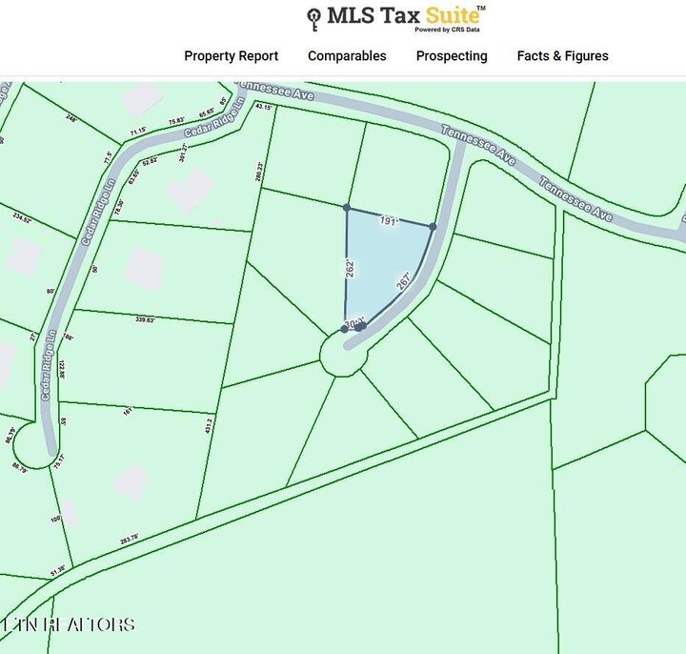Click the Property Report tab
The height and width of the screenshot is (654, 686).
[231, 56]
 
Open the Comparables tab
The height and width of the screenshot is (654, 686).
[347, 56]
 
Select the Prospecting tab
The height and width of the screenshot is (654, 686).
[452, 56]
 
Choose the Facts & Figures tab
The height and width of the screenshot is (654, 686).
[562, 56]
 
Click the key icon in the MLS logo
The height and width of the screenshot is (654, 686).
[313, 18]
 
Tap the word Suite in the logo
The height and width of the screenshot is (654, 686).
[452, 15]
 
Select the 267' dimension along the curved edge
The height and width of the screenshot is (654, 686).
[404, 283]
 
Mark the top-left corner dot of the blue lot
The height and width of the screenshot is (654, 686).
[347, 207]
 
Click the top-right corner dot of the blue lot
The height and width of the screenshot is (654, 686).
[433, 226]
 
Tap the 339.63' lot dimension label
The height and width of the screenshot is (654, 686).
[146, 320]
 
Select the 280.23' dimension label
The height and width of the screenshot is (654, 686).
[259, 170]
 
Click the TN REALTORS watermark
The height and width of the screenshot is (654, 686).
[69, 624]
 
